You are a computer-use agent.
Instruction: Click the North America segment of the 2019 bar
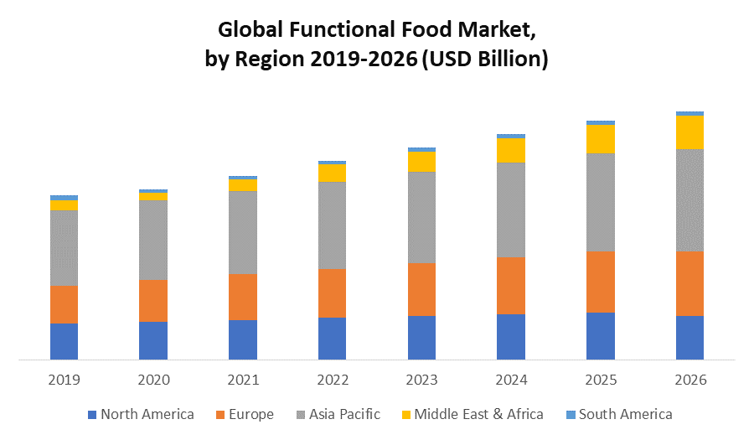tap(64, 341)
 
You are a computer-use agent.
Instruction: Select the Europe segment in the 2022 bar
tap(332, 293)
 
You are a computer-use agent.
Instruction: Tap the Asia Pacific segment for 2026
tap(689, 199)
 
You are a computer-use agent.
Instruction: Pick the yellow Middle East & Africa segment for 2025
tap(600, 139)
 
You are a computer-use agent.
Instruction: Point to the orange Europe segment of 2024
tap(510, 286)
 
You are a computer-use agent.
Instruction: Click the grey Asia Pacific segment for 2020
tap(153, 240)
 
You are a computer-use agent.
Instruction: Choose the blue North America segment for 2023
tap(421, 338)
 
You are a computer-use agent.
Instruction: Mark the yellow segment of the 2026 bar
tap(689, 132)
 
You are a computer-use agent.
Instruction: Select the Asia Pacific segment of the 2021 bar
tap(242, 232)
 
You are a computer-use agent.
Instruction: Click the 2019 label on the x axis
tap(64, 380)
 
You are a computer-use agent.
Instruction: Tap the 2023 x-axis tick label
tap(421, 380)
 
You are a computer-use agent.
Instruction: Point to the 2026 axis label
tap(689, 380)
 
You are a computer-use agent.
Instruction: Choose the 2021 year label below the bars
tap(242, 380)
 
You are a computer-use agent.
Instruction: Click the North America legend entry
tap(141, 414)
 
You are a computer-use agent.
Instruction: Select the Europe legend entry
tap(245, 414)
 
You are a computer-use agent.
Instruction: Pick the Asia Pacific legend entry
tap(338, 414)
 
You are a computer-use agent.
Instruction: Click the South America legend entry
tap(619, 414)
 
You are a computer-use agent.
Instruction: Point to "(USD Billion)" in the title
tap(483, 60)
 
